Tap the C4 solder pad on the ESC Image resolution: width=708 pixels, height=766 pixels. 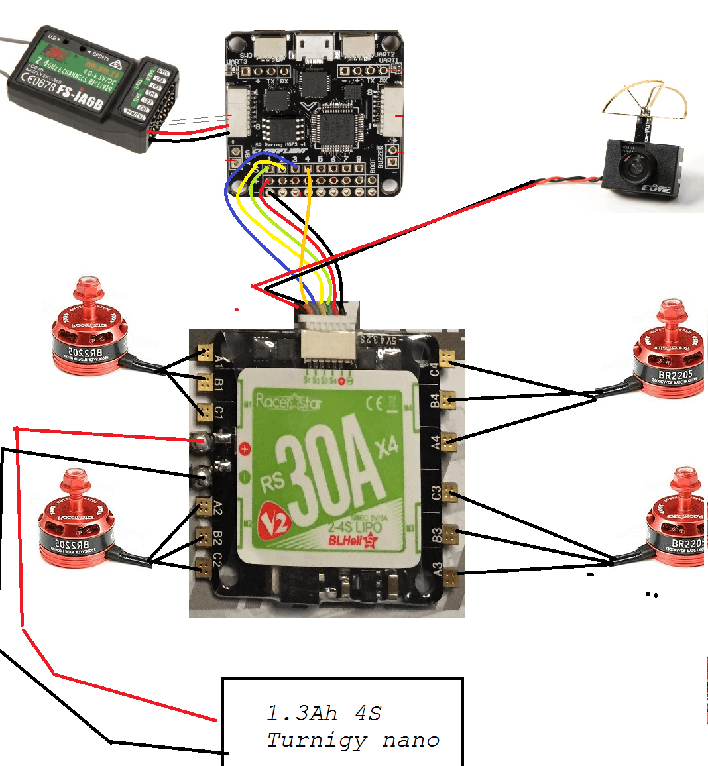pos(449,358)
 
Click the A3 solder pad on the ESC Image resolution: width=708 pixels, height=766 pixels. pos(451,577)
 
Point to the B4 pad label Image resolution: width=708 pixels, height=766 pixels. pos(435,400)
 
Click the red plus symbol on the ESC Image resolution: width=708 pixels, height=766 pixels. pos(245,449)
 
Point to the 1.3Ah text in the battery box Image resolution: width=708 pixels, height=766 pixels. pos(302,714)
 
